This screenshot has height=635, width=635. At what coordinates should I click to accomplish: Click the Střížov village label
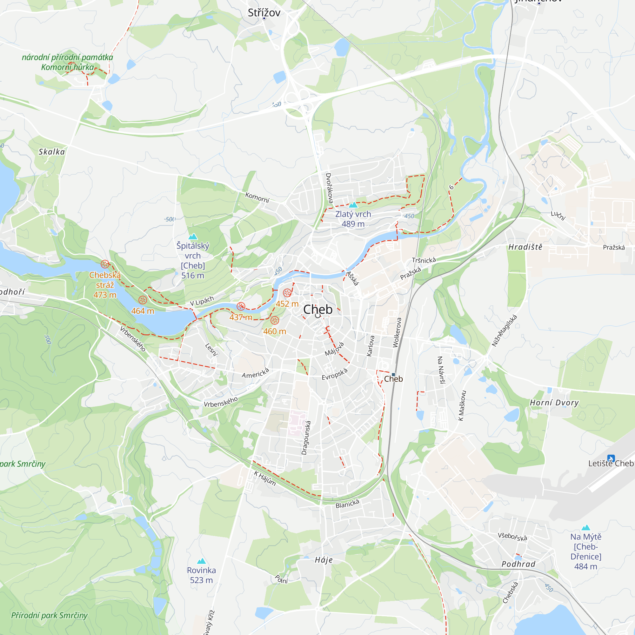tap(264, 13)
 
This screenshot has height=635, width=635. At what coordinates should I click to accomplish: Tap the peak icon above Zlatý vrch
tap(353, 205)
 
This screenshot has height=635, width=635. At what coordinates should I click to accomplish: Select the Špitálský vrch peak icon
tap(193, 236)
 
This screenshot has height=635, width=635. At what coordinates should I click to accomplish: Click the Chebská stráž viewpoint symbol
tap(105, 264)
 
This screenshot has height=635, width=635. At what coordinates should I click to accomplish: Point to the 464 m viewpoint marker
tap(143, 300)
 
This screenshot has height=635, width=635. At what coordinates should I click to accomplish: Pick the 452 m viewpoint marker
tap(287, 293)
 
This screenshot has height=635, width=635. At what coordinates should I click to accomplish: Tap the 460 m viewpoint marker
tap(275, 320)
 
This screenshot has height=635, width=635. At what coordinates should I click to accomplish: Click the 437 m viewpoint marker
tap(241, 307)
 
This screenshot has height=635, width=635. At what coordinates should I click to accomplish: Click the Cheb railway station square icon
tap(393, 375)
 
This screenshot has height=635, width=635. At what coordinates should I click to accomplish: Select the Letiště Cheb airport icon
tap(611, 458)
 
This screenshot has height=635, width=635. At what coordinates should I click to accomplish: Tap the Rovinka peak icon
tap(201, 561)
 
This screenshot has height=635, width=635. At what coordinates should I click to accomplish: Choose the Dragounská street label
tap(306, 438)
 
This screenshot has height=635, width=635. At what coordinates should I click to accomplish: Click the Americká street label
tap(255, 373)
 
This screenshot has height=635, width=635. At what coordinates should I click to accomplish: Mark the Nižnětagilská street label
tap(505, 331)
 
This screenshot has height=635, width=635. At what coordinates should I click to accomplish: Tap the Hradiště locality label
tap(525, 247)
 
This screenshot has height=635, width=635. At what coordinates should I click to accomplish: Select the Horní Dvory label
tap(554, 403)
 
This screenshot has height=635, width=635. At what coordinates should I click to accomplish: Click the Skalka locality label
tap(52, 152)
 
